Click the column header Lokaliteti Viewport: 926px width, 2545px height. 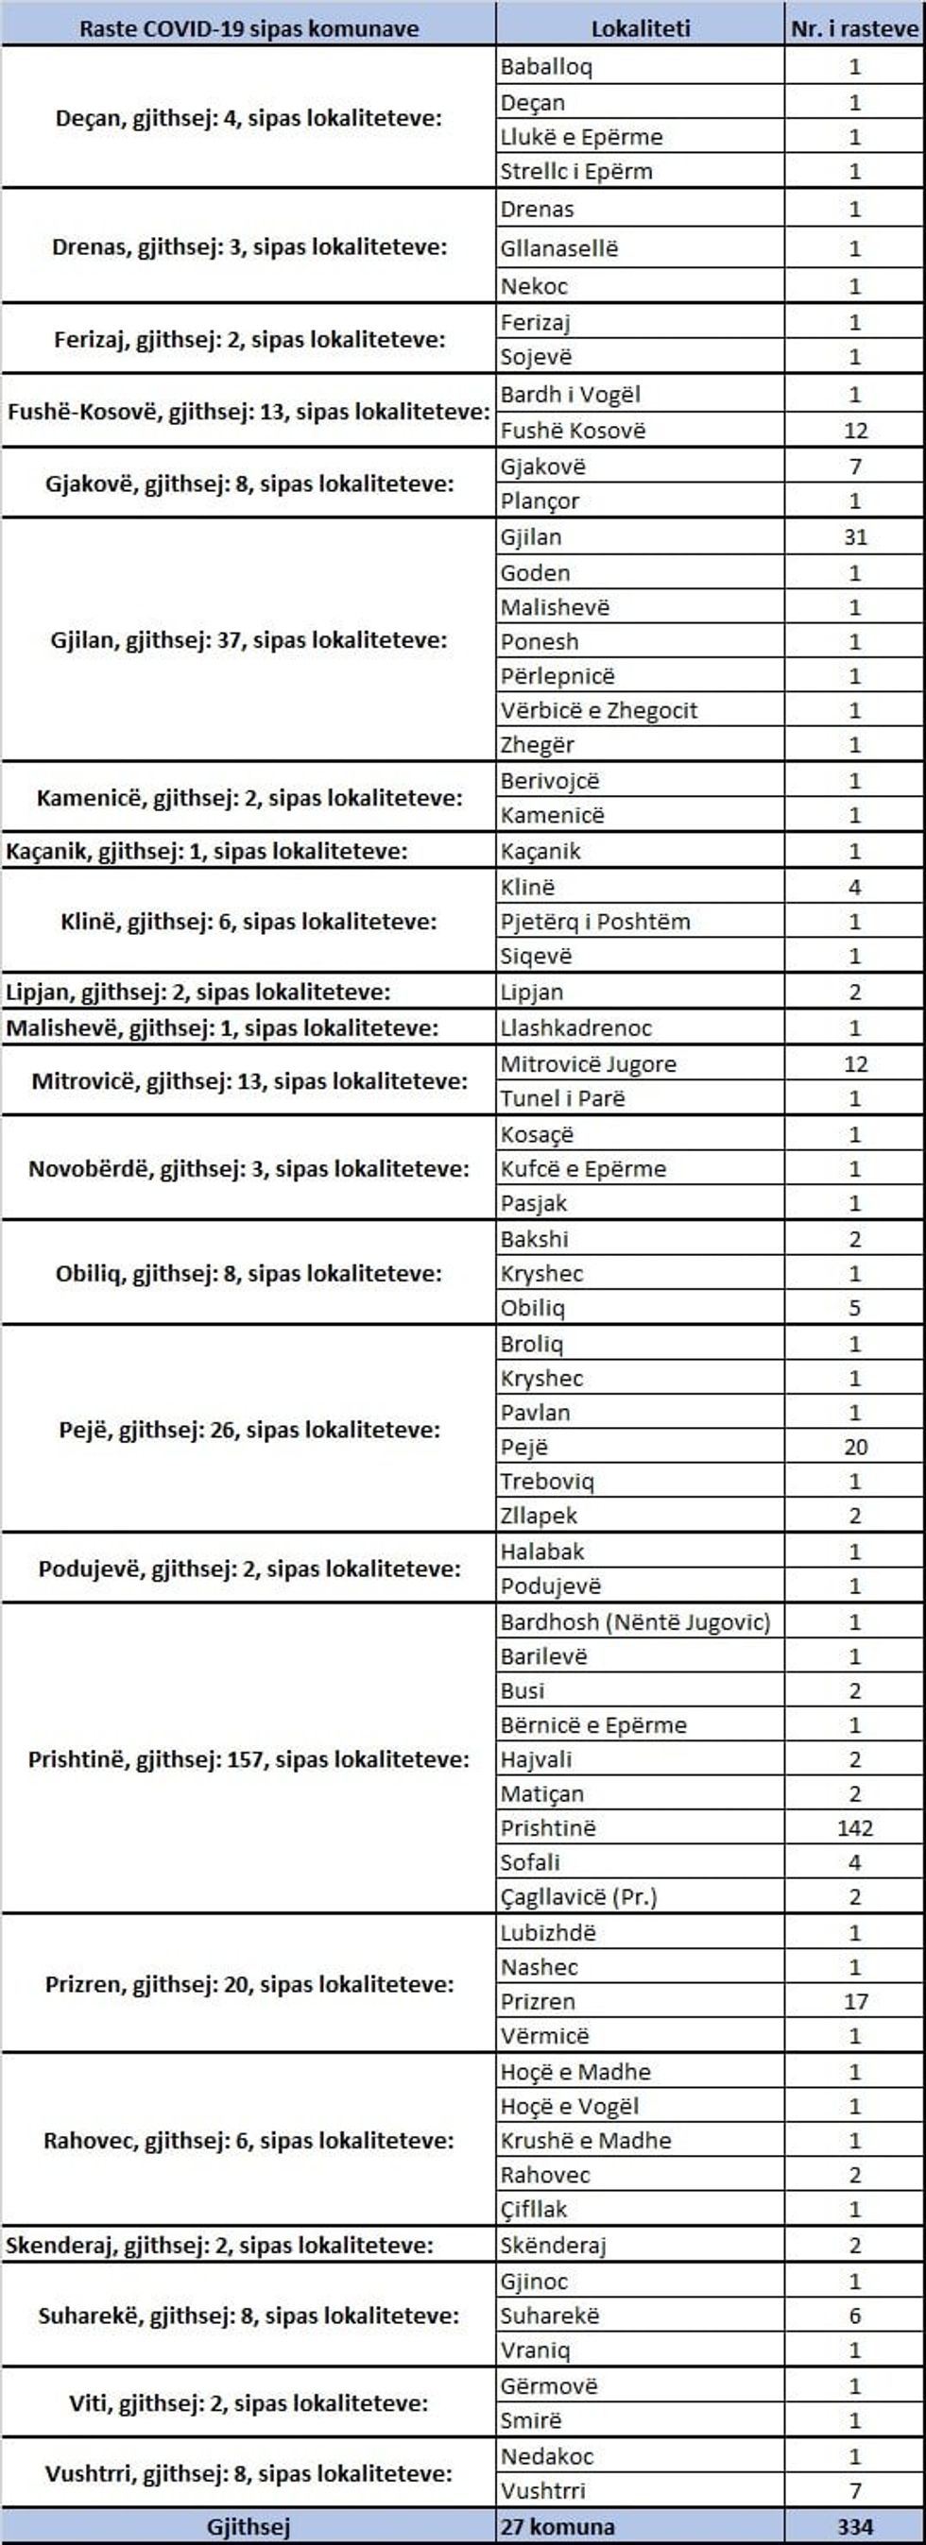click(640, 28)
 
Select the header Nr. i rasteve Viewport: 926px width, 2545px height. click(854, 28)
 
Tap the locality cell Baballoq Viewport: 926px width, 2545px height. click(545, 67)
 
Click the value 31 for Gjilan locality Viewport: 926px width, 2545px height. click(855, 537)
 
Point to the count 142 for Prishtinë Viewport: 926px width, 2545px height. click(855, 1827)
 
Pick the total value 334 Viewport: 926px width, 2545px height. click(855, 2526)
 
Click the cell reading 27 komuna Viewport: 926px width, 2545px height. click(557, 2526)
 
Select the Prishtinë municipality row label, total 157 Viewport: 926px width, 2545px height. click(249, 1759)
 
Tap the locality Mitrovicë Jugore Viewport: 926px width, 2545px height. click(588, 1064)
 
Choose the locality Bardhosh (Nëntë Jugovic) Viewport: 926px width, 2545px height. click(634, 1622)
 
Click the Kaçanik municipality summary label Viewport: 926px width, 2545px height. click(207, 851)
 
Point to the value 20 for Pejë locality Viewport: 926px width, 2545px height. click(855, 1448)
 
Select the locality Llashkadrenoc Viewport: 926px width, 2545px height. click(575, 1027)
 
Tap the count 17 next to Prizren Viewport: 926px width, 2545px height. click(855, 2002)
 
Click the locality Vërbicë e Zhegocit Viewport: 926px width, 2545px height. click(598, 710)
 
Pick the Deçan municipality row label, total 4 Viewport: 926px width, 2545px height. click(249, 119)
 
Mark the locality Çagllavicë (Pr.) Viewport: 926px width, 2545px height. click(578, 1896)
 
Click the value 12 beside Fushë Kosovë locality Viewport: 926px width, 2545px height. click(855, 431)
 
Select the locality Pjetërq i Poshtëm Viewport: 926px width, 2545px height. click(595, 922)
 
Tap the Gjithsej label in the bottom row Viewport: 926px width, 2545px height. click(249, 2526)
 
